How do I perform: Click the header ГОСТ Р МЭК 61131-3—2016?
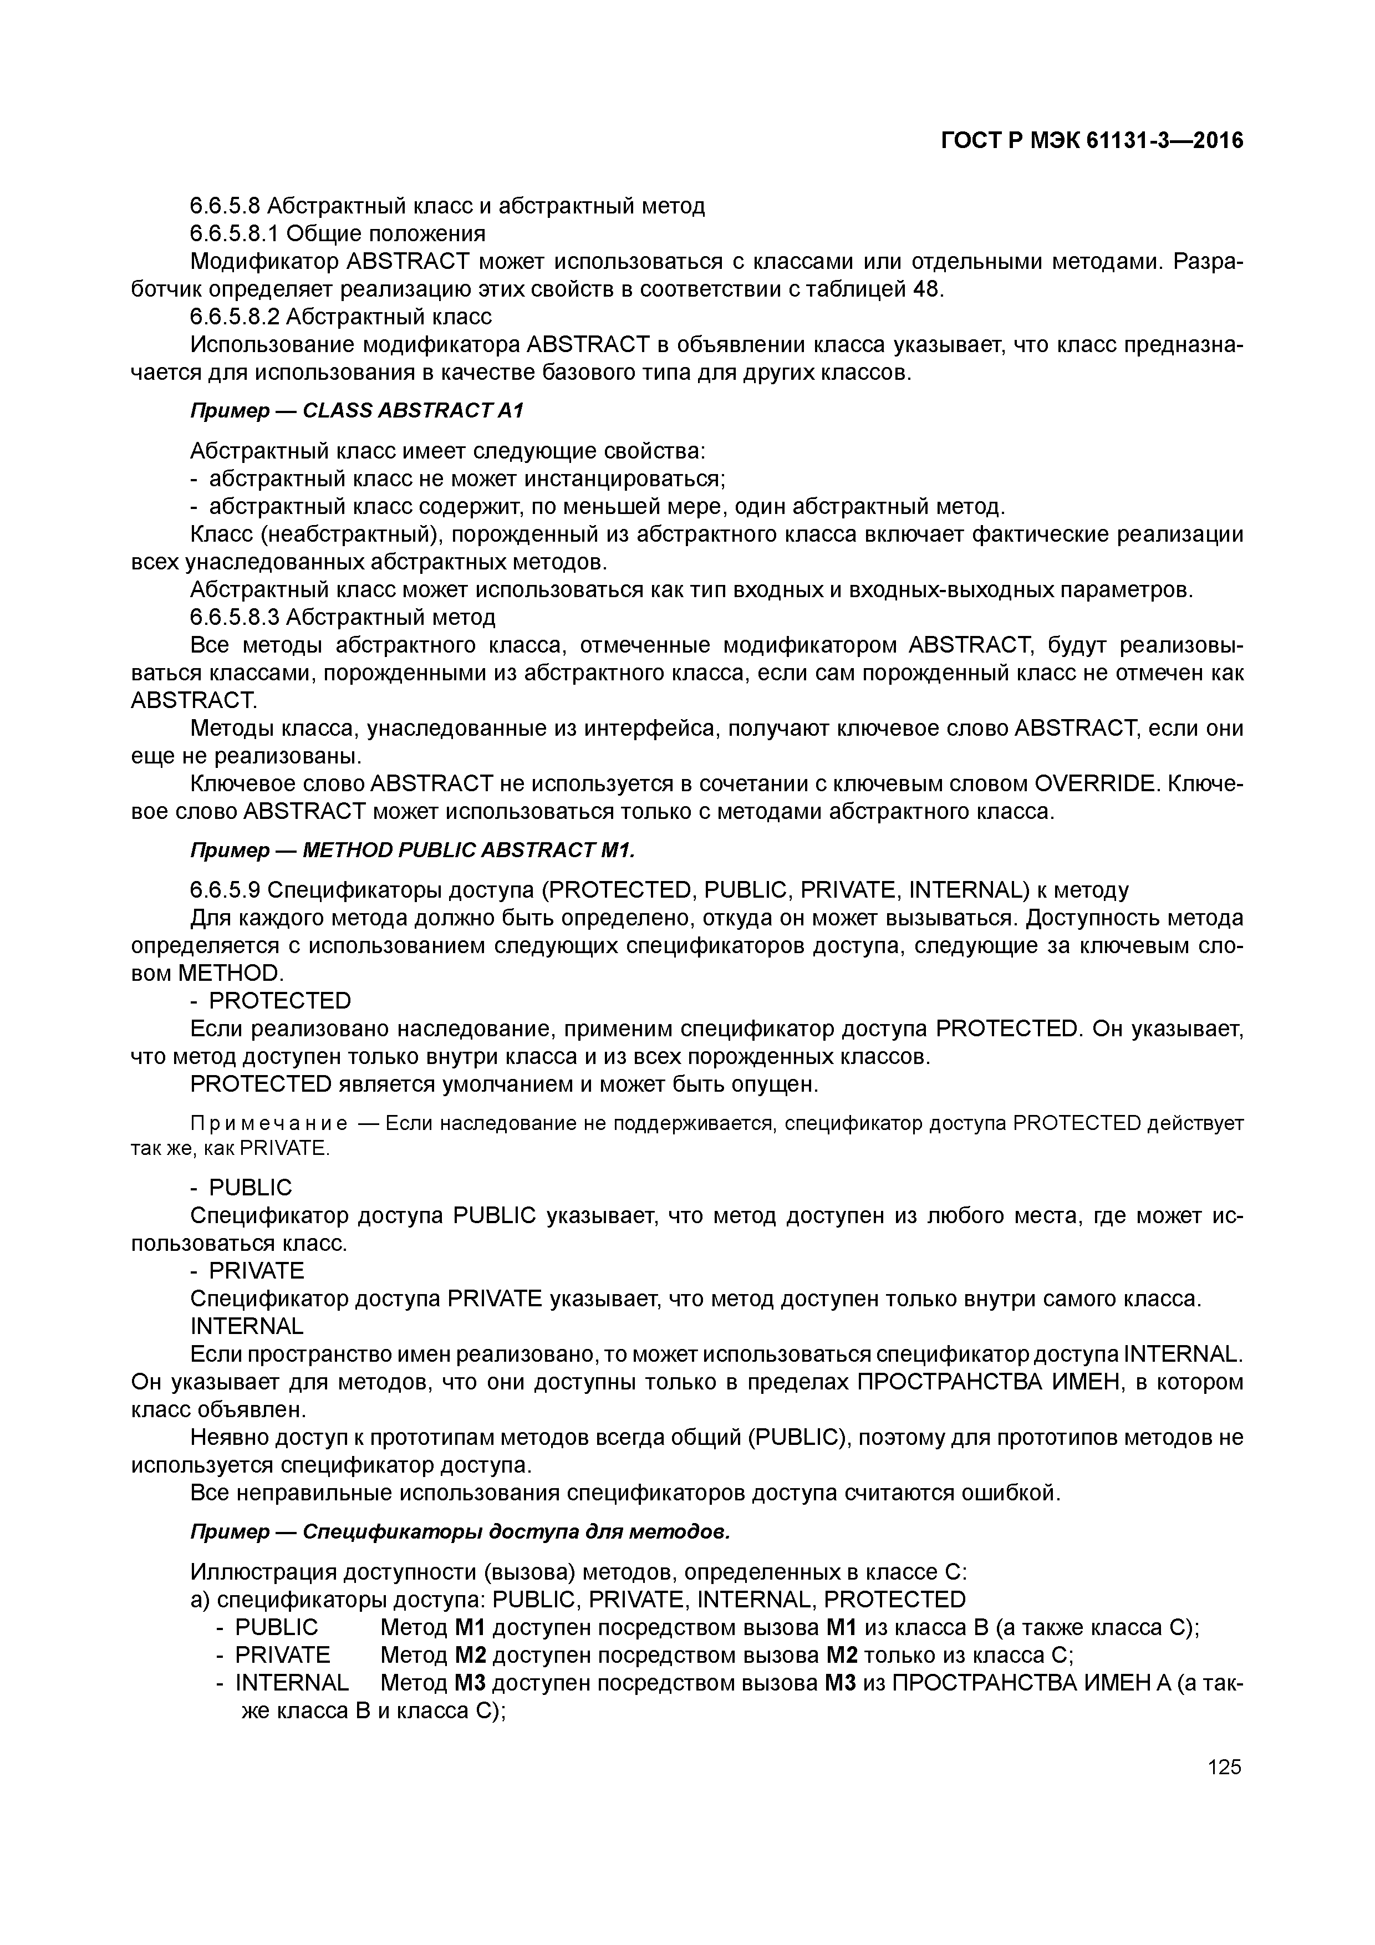1092,141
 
